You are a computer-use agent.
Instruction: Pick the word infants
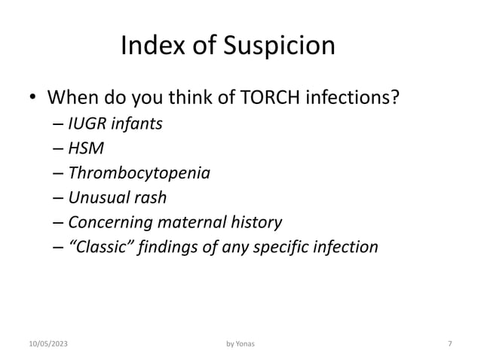(x=137, y=124)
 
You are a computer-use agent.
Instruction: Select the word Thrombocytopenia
(x=139, y=173)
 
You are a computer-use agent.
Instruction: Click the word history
(x=256, y=222)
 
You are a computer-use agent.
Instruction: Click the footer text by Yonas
(x=240, y=344)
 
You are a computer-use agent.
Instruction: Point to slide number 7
(x=449, y=344)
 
